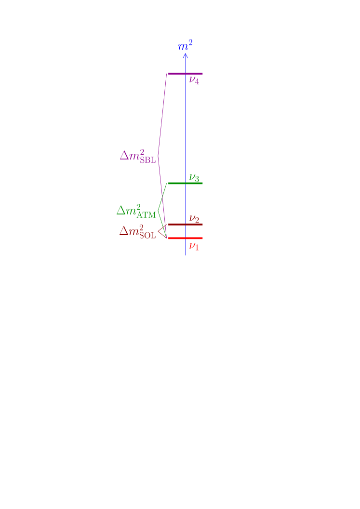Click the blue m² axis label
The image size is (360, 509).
pyautogui.click(x=186, y=46)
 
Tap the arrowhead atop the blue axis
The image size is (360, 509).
pyautogui.click(x=186, y=55)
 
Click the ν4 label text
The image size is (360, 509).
pyautogui.click(x=194, y=80)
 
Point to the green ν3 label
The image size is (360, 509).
pyautogui.click(x=194, y=178)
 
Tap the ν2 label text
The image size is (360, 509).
pyautogui.click(x=194, y=219)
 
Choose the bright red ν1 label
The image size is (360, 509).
pyautogui.click(x=194, y=246)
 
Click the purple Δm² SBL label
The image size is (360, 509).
pyautogui.click(x=138, y=156)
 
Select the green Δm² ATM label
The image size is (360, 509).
pyautogui.click(x=136, y=211)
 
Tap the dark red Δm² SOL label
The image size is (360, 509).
pyautogui.click(x=138, y=231)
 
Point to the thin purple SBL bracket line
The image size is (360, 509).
pyautogui.click(x=162, y=116)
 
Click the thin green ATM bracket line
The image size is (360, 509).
pyautogui.click(x=162, y=197)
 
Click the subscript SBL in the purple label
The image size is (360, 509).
pyautogui.click(x=148, y=161)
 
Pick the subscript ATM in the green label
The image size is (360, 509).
pyautogui.click(x=147, y=215)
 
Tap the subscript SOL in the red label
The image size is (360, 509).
pyautogui.click(x=148, y=236)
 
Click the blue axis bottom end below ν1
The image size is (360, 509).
pyautogui.click(x=186, y=253)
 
